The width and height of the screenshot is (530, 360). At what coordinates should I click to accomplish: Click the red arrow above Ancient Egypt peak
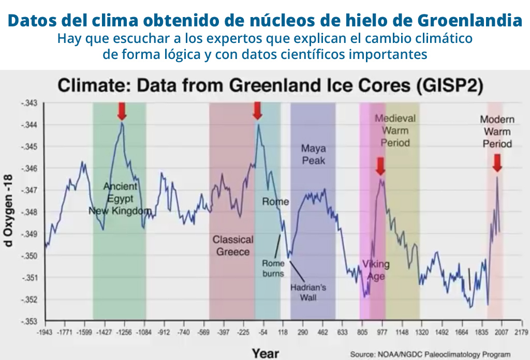[x=122, y=111]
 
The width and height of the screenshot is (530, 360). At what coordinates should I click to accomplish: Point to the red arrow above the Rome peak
[x=257, y=111]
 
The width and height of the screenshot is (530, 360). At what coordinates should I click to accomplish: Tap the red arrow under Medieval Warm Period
[x=380, y=167]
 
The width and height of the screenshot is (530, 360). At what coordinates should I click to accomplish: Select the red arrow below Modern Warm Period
[x=497, y=163]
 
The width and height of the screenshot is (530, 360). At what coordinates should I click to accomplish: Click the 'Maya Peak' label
[x=313, y=154]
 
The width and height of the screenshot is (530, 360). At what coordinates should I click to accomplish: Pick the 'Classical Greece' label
[x=233, y=246]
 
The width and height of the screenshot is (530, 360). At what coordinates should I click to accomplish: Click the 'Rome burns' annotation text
[x=273, y=268]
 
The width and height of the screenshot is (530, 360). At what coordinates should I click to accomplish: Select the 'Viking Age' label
[x=376, y=270]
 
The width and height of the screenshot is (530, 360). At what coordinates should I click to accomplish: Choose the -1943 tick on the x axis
[x=45, y=332]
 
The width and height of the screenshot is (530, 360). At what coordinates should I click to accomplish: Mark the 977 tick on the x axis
[x=382, y=332]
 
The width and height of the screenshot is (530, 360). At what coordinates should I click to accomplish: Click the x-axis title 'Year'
[x=266, y=353]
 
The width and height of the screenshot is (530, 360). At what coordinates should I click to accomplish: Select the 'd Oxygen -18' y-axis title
[x=9, y=212]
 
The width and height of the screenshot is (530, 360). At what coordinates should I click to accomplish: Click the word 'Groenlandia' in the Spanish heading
[x=469, y=21]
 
